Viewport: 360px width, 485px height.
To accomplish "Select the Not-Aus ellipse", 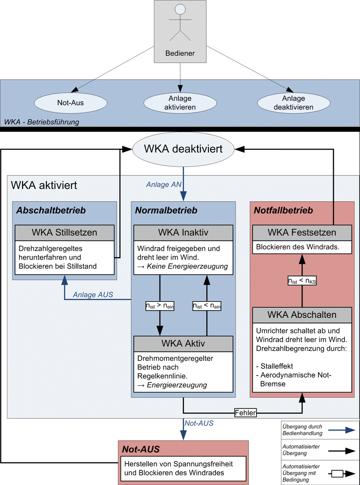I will [x=71, y=103].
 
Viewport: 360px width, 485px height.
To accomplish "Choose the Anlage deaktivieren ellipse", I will [x=293, y=103].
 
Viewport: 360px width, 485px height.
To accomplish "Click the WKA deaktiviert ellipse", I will [x=184, y=149].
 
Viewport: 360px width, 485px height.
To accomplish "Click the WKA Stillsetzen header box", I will [x=64, y=233].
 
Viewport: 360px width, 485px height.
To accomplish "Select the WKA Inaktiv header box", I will [x=183, y=233].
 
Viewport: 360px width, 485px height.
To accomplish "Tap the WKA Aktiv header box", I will [x=183, y=344].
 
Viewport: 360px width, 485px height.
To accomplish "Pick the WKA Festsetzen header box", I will [x=302, y=233].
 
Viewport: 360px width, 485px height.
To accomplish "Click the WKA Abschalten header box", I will [x=302, y=315].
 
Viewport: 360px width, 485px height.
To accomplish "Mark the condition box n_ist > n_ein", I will [x=160, y=305].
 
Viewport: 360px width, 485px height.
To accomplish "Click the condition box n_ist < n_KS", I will [x=302, y=280].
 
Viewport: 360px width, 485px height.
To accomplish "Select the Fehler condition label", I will [x=246, y=414].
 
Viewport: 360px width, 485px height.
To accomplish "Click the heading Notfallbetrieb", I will [x=283, y=210].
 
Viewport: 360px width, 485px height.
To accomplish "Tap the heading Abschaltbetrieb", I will [x=50, y=210].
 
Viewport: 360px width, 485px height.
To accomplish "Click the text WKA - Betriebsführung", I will [x=42, y=122].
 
